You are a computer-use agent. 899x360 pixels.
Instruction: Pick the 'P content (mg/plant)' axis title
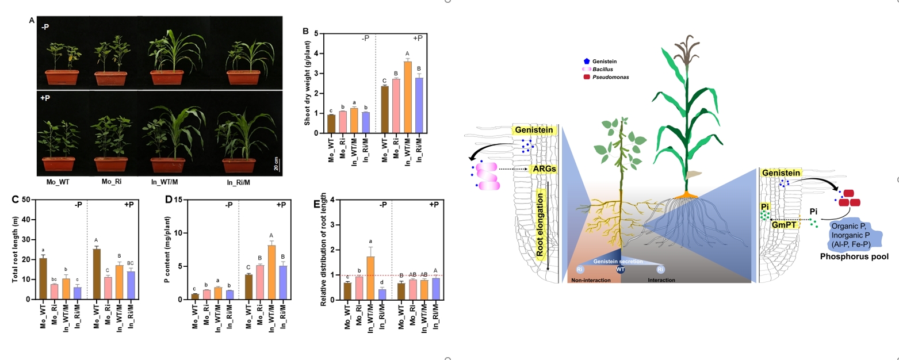[x=167, y=249]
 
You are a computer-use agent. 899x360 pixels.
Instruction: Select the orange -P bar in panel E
[x=370, y=278]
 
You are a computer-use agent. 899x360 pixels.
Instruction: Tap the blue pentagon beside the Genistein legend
[x=586, y=60]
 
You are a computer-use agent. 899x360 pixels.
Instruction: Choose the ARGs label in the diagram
[x=544, y=169]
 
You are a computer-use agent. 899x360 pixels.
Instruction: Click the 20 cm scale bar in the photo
[x=277, y=164]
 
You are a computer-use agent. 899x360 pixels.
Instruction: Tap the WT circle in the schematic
[x=621, y=269]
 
